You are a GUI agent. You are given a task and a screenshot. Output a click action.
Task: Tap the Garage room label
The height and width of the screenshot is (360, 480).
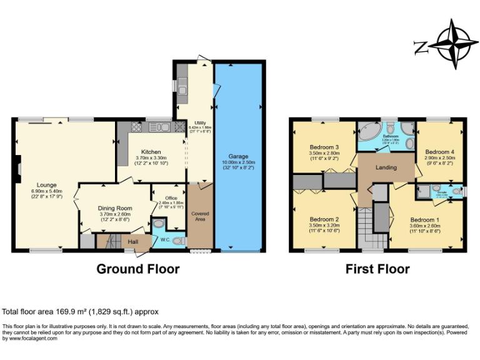[238, 156]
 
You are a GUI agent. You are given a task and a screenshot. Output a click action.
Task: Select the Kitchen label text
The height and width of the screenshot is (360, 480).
[151, 152]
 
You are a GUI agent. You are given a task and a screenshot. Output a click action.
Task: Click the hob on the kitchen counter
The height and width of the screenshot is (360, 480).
[136, 127]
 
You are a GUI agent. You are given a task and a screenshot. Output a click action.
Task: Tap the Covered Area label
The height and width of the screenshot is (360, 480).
[200, 216]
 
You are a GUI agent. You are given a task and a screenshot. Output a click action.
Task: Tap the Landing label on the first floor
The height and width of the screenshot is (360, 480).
[386, 167]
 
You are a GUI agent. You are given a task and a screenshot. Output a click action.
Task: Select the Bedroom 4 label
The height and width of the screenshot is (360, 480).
[439, 152]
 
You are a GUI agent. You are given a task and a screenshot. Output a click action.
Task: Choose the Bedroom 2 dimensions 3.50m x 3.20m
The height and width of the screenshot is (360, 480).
[324, 226]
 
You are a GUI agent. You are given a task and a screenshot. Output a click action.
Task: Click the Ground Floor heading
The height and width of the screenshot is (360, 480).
[137, 269]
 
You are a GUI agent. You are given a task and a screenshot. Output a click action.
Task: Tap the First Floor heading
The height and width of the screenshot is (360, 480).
[377, 269]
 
